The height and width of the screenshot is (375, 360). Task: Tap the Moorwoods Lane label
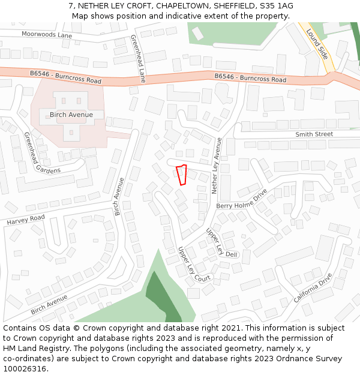pos(46,35)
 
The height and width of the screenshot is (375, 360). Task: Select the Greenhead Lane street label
pos(139,58)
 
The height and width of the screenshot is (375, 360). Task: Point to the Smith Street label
pos(314,134)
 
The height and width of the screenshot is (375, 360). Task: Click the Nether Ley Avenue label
pos(218,165)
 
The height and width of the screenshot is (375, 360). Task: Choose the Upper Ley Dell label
pos(222,243)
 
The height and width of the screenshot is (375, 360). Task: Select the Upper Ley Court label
pos(194,265)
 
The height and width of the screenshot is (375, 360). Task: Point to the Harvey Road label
pos(26,220)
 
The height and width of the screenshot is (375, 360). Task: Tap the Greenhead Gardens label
pos(42,152)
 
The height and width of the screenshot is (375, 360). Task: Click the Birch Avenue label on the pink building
pos(71,115)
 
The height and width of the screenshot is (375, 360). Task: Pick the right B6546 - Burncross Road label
pos(250,78)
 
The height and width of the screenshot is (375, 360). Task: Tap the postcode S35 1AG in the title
pos(275,5)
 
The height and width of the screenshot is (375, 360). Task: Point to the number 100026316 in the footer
pos(25,368)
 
